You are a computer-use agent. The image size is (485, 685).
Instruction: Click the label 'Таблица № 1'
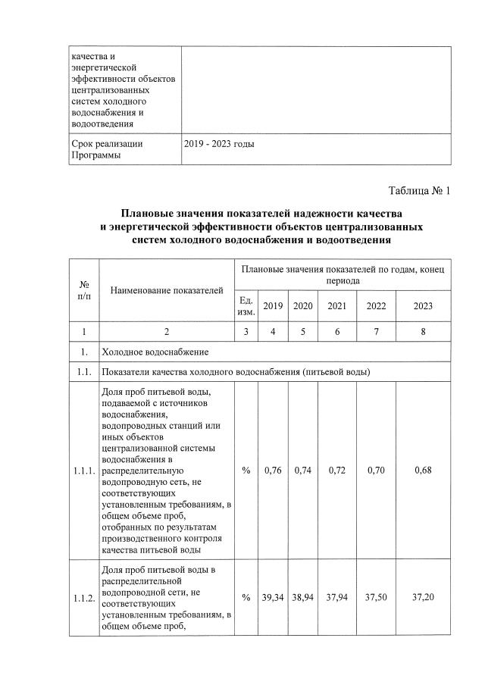419,189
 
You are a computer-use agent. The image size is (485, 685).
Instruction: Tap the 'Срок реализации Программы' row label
106,149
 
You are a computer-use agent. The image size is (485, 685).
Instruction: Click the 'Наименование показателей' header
167,289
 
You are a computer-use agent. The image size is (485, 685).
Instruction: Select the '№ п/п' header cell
84,289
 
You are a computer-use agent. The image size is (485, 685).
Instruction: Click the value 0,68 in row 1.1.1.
424,471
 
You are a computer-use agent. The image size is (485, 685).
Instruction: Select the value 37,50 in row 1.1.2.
376,598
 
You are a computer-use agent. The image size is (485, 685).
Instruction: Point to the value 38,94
303,598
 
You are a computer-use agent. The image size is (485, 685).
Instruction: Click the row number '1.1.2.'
84,598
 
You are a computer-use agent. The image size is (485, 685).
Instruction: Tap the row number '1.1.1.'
84,471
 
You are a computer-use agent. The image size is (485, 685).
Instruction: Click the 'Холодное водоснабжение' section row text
155,352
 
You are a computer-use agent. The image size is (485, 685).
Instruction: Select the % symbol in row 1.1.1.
246,471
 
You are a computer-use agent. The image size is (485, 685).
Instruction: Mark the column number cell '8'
424,331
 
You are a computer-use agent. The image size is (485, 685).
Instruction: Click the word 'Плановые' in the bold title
145,214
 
